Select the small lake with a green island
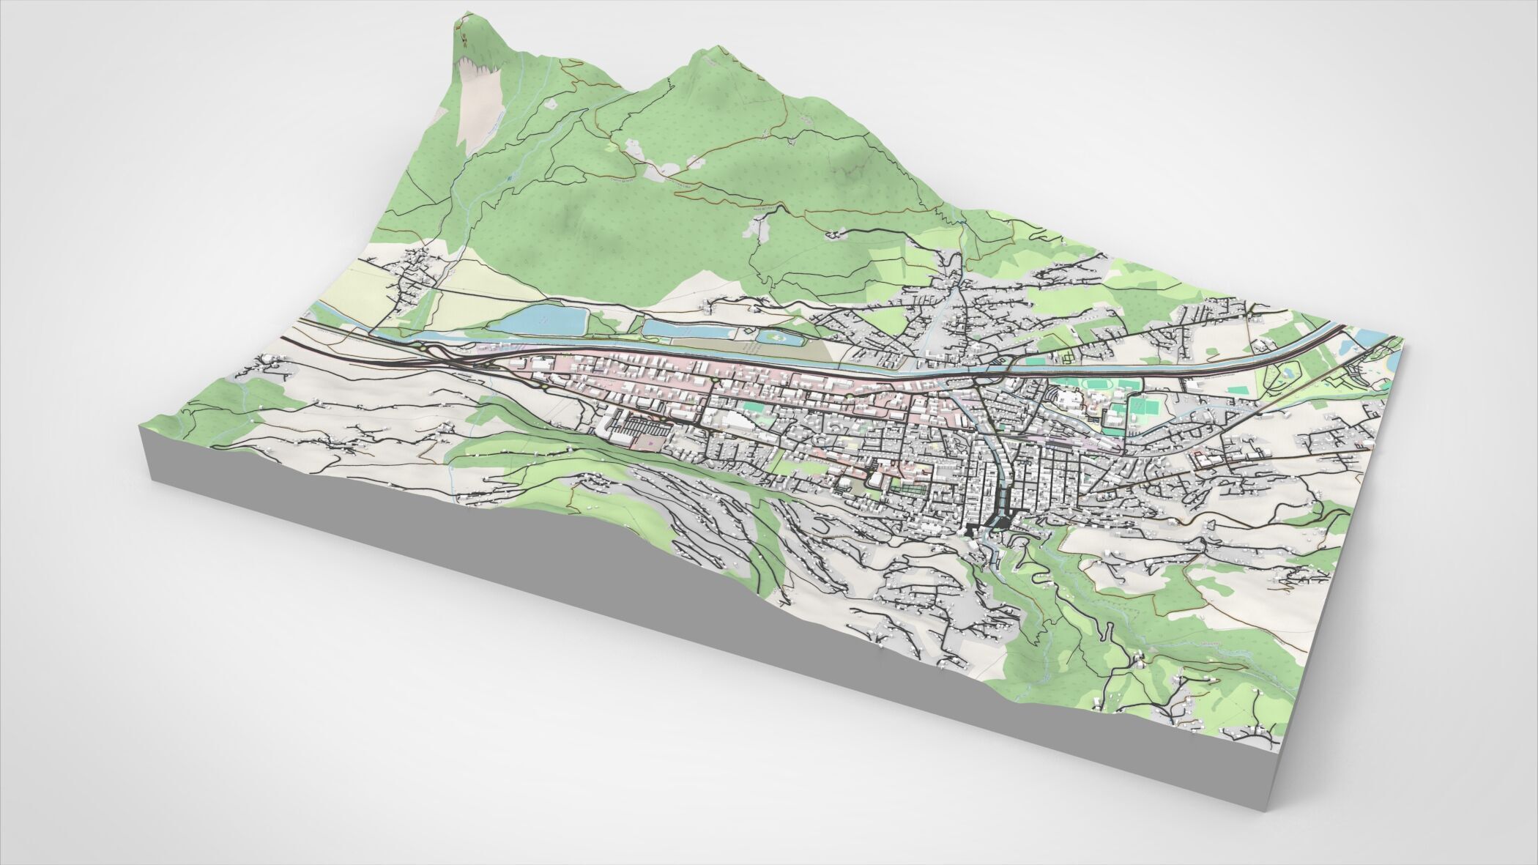coord(776,338)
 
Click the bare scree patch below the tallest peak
coord(476,103)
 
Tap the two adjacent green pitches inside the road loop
coord(1139,407)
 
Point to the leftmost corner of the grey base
coord(140,432)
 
